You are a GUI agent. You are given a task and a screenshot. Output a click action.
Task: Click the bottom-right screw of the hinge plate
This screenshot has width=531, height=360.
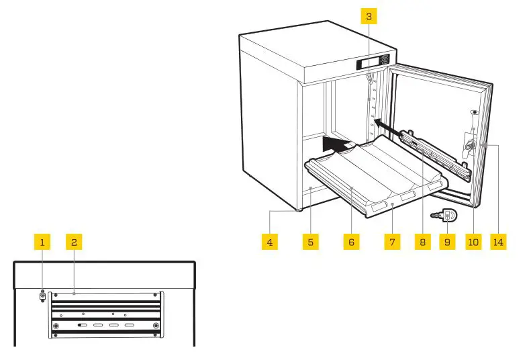156,326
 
